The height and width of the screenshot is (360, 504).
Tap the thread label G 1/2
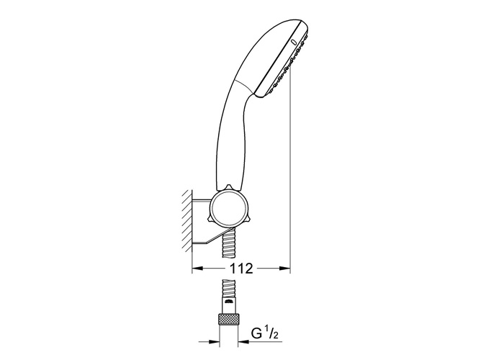click(264, 333)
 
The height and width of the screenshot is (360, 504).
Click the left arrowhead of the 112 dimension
click(196, 269)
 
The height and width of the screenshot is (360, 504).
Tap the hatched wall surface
click(186, 220)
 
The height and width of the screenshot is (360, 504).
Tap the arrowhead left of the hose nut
click(214, 333)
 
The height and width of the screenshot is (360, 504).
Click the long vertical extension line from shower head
click(290, 180)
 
